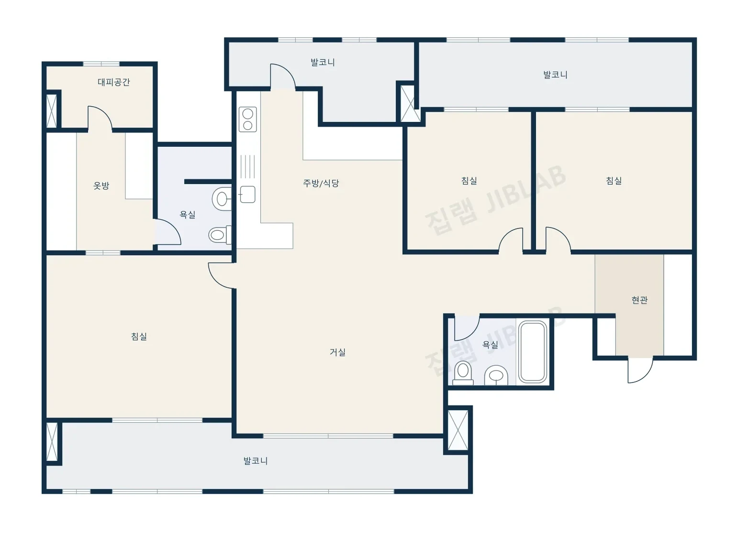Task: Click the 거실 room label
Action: (337, 352)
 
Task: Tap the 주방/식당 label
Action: (321, 183)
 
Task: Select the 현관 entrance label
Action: (639, 300)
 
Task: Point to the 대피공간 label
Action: (114, 82)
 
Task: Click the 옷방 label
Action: (101, 185)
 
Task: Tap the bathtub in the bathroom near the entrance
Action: (533, 352)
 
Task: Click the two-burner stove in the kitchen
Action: (248, 120)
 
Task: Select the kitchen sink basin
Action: (247, 194)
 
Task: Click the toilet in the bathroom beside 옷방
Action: (220, 235)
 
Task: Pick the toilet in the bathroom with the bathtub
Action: (463, 373)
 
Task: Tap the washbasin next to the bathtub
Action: (496, 375)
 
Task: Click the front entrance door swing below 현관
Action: (640, 371)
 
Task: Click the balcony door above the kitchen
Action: (283, 76)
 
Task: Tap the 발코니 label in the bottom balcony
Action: (256, 461)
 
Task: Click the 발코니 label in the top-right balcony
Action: (555, 75)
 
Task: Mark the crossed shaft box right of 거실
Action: (458, 430)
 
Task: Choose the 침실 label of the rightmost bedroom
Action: (614, 180)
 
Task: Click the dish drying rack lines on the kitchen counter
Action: (247, 167)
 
